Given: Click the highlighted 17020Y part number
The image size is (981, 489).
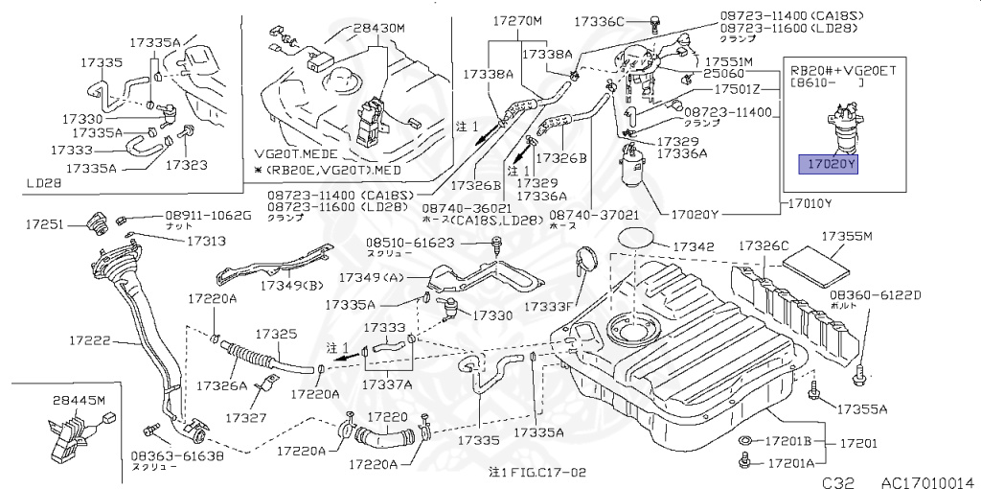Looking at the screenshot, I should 830,165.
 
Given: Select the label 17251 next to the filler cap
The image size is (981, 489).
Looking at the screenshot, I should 44,225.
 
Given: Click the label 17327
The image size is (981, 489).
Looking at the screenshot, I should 245,418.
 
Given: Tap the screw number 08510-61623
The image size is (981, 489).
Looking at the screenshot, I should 409,244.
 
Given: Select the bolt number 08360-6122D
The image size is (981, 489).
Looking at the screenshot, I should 875,294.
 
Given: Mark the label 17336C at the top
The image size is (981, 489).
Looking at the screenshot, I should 600,20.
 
